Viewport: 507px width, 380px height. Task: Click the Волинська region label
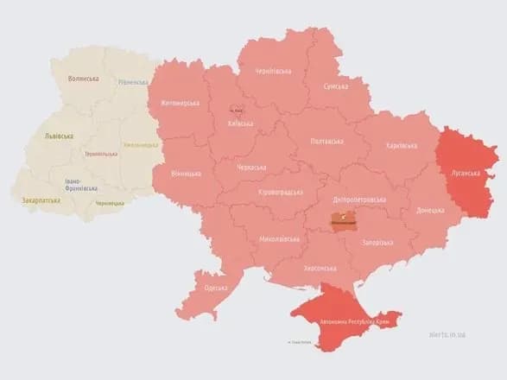click(x=83, y=79)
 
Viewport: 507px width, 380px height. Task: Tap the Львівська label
click(x=58, y=136)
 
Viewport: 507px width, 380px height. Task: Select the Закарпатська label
click(x=41, y=200)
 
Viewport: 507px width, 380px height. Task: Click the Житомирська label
click(x=180, y=104)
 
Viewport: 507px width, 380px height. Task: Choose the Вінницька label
click(x=186, y=173)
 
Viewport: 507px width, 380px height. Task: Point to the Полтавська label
click(x=326, y=141)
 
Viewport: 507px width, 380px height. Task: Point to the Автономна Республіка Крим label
click(x=352, y=320)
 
